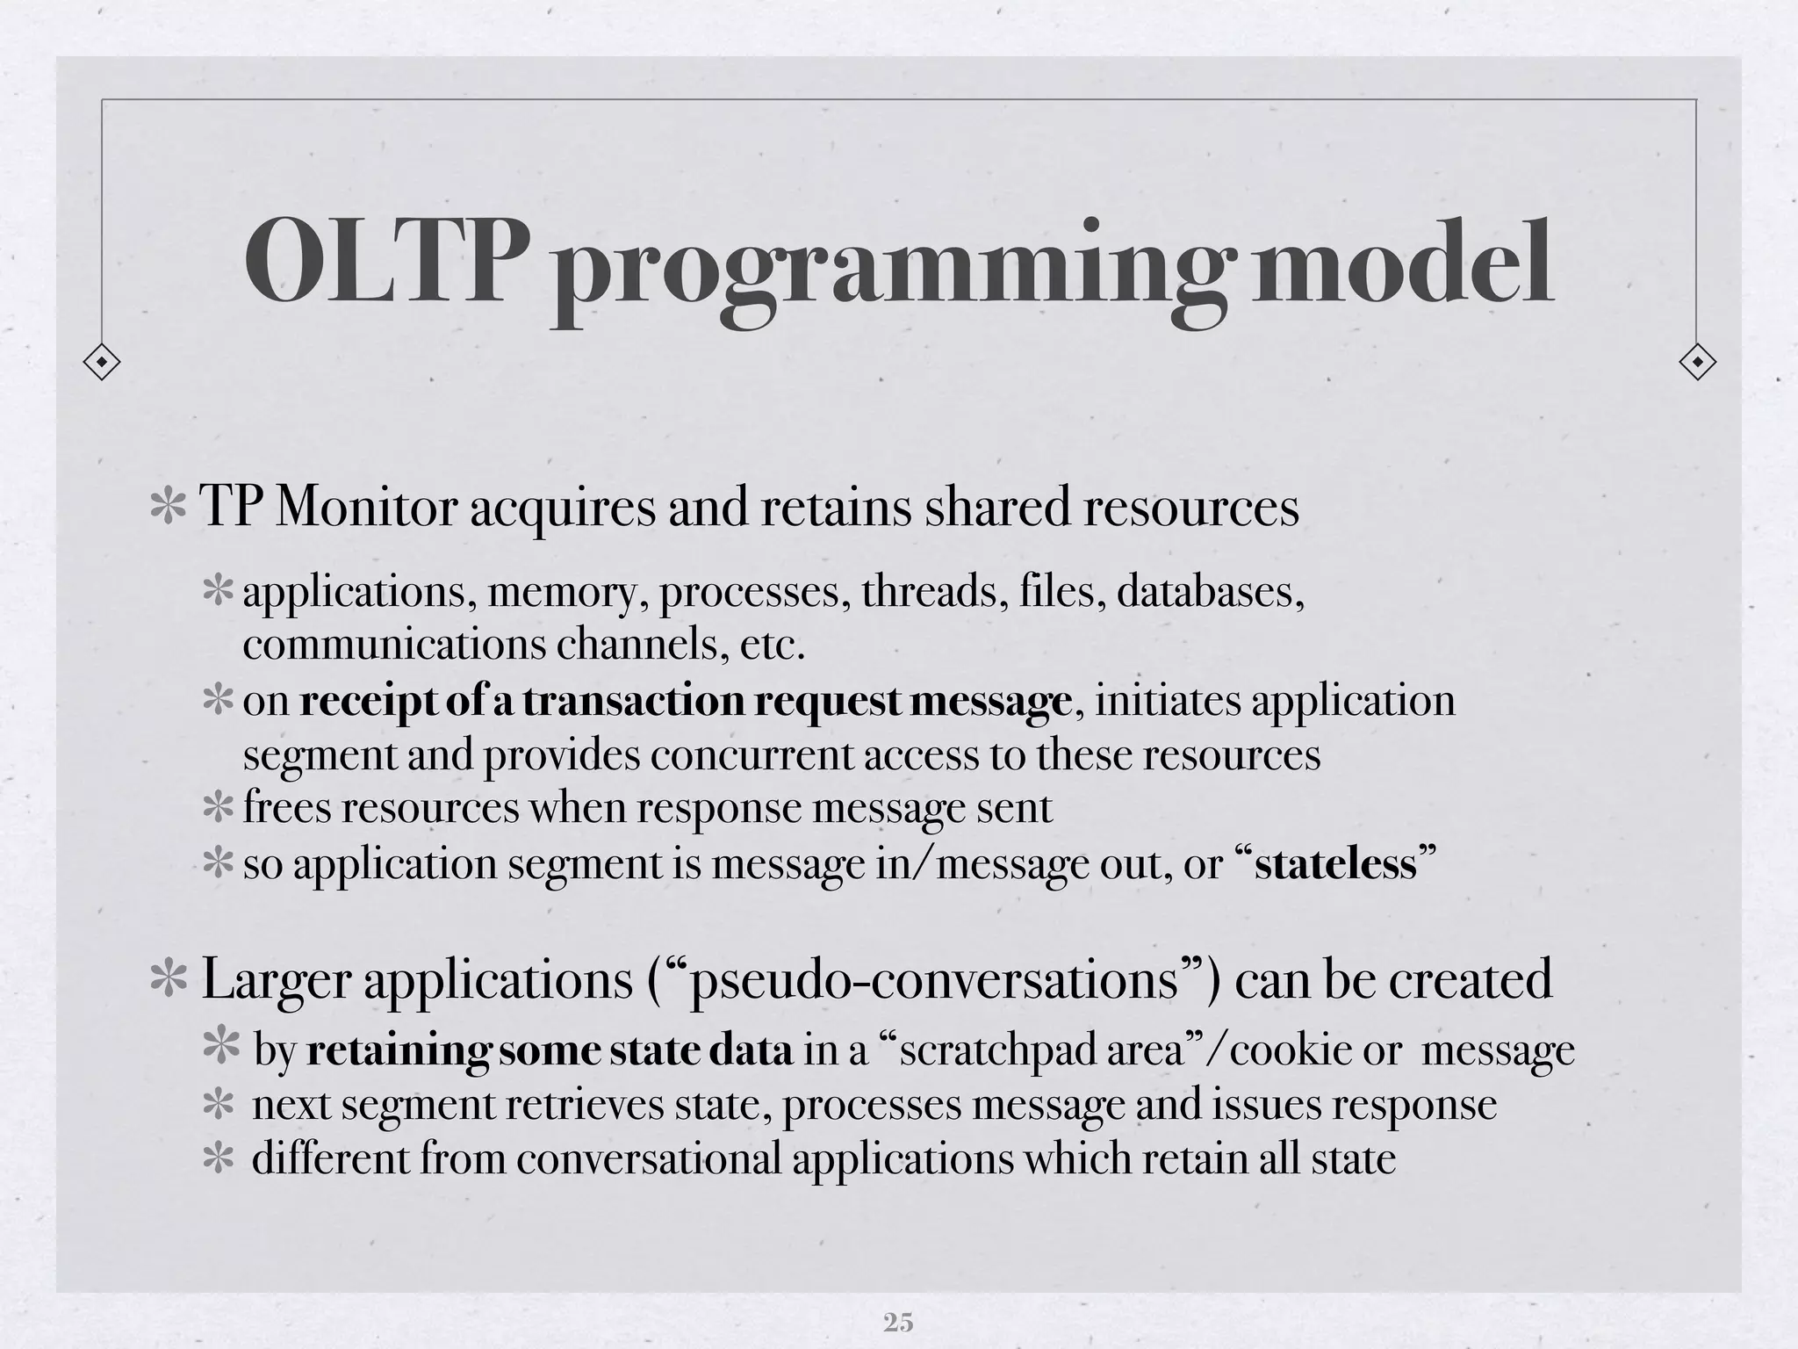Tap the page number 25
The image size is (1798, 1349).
pyautogui.click(x=898, y=1322)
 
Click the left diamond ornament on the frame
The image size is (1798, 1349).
pyautogui.click(x=102, y=361)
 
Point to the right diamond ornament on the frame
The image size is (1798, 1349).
pyautogui.click(x=1697, y=361)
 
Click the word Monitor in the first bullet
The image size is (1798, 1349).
pyautogui.click(x=367, y=507)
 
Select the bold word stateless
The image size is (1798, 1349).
pyautogui.click(x=1335, y=864)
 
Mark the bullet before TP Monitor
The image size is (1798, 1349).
pyautogui.click(x=166, y=509)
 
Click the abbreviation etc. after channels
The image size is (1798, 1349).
pyautogui.click(x=773, y=646)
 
